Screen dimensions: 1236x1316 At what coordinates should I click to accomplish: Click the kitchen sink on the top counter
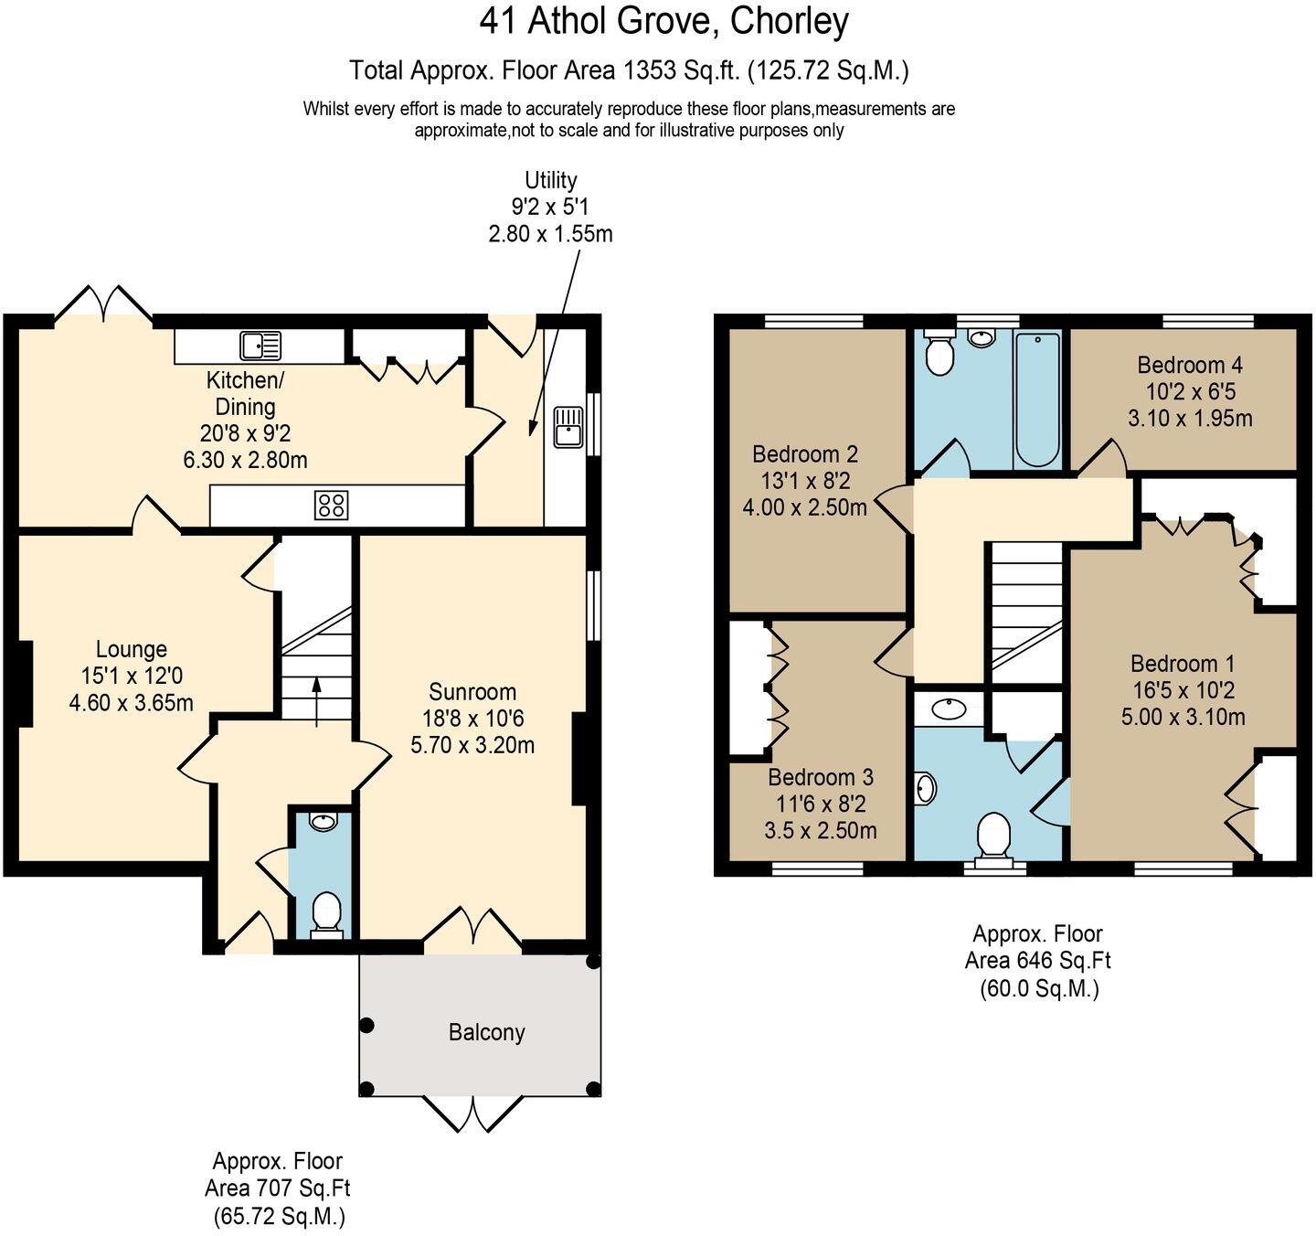[260, 346]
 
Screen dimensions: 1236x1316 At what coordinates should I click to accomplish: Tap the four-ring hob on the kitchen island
[331, 506]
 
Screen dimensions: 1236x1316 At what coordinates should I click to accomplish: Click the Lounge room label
[132, 649]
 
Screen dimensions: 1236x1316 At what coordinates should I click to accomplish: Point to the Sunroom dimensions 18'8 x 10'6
[472, 719]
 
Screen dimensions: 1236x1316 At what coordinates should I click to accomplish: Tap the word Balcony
[486, 1032]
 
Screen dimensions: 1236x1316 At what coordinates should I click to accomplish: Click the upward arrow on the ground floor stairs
[316, 699]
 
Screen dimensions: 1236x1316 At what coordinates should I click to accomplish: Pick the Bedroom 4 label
[1190, 365]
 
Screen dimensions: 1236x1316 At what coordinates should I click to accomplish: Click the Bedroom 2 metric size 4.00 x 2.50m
[804, 506]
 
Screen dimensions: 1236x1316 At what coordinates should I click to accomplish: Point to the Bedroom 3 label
[820, 777]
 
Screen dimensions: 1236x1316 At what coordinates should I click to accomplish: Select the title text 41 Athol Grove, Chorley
[664, 21]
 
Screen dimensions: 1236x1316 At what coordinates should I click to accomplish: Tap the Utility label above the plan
[550, 180]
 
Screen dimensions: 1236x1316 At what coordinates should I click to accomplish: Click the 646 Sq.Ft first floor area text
[1037, 961]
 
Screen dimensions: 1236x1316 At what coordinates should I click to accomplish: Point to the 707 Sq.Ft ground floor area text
[278, 1188]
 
